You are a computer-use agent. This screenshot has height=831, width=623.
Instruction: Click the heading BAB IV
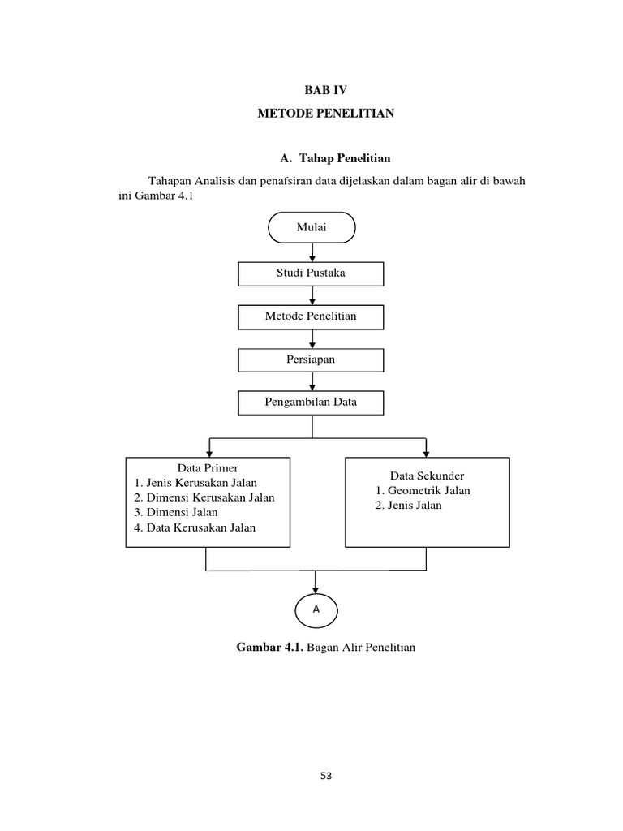pyautogui.click(x=325, y=90)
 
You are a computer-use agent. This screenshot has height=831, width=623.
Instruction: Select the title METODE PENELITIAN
pyautogui.click(x=325, y=114)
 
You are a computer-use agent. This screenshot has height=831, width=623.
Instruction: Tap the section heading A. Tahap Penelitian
pyautogui.click(x=334, y=157)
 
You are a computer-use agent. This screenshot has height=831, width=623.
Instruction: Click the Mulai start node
pyautogui.click(x=311, y=228)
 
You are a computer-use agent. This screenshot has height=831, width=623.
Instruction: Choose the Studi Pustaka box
pyautogui.click(x=311, y=273)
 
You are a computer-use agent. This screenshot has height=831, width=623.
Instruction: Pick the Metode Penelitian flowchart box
pyautogui.click(x=311, y=316)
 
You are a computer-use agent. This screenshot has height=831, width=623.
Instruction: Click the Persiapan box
pyautogui.click(x=311, y=360)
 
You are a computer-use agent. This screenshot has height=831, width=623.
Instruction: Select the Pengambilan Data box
pyautogui.click(x=311, y=403)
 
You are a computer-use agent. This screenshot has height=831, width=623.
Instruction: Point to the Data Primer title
pyautogui.click(x=208, y=468)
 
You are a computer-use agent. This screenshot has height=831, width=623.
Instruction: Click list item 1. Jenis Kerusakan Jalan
pyautogui.click(x=197, y=483)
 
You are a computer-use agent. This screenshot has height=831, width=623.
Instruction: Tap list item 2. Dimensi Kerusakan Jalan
pyautogui.click(x=204, y=497)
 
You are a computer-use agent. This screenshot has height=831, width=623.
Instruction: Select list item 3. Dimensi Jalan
pyautogui.click(x=176, y=513)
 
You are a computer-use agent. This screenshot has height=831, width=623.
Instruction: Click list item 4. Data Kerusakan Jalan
pyautogui.click(x=195, y=527)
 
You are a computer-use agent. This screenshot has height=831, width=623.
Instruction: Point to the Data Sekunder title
pyautogui.click(x=427, y=476)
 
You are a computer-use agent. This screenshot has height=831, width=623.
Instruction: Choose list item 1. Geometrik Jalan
pyautogui.click(x=423, y=491)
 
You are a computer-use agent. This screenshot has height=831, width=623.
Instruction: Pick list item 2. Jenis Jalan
pyautogui.click(x=409, y=506)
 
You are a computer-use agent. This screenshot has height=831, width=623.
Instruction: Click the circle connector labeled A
pyautogui.click(x=316, y=609)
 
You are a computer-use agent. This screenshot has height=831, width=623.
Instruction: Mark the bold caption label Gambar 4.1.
pyautogui.click(x=270, y=648)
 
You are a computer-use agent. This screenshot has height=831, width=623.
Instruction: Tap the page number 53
pyautogui.click(x=325, y=776)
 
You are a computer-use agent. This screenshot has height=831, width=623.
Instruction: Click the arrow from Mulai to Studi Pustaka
pyautogui.click(x=312, y=252)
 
